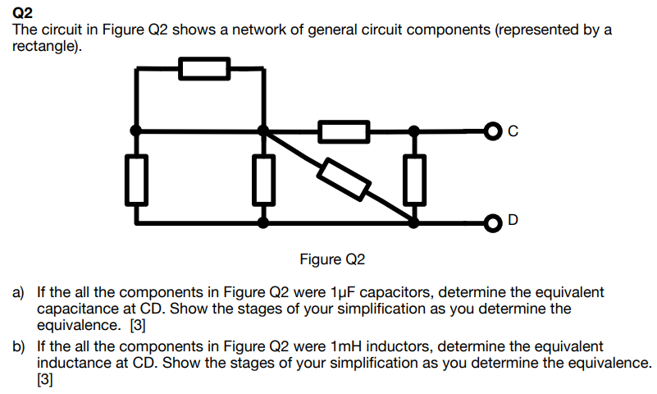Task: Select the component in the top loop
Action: click(x=204, y=68)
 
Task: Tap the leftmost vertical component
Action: click(x=137, y=179)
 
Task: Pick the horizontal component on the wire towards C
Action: click(x=344, y=130)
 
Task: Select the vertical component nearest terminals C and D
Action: click(x=415, y=179)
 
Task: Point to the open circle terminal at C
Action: click(x=491, y=130)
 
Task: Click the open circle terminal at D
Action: click(x=491, y=222)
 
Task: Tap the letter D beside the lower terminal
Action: click(x=513, y=221)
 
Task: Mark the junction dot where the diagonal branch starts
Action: click(x=262, y=130)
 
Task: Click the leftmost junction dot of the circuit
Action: click(x=137, y=130)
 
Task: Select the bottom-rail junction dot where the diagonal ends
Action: click(x=415, y=222)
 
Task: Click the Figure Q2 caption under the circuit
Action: click(x=332, y=260)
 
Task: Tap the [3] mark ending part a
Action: click(x=138, y=324)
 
